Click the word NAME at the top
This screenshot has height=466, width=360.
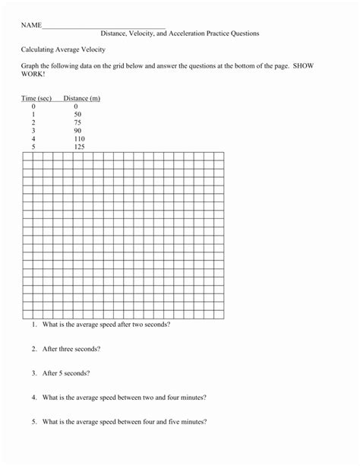(30, 25)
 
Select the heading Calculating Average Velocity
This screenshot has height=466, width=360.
(63, 49)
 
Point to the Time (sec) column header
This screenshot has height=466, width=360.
(36, 98)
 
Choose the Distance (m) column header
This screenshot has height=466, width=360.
(82, 98)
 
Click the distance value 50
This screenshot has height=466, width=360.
(77, 115)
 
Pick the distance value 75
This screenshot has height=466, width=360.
(77, 123)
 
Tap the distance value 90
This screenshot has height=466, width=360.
(77, 131)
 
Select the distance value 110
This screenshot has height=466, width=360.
(79, 139)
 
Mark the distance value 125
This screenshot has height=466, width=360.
(79, 147)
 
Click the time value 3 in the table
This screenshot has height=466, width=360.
(33, 131)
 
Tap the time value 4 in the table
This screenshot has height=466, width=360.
(33, 139)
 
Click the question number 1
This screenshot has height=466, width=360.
(34, 325)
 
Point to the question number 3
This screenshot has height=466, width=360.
(34, 373)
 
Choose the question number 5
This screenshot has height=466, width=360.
(34, 422)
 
